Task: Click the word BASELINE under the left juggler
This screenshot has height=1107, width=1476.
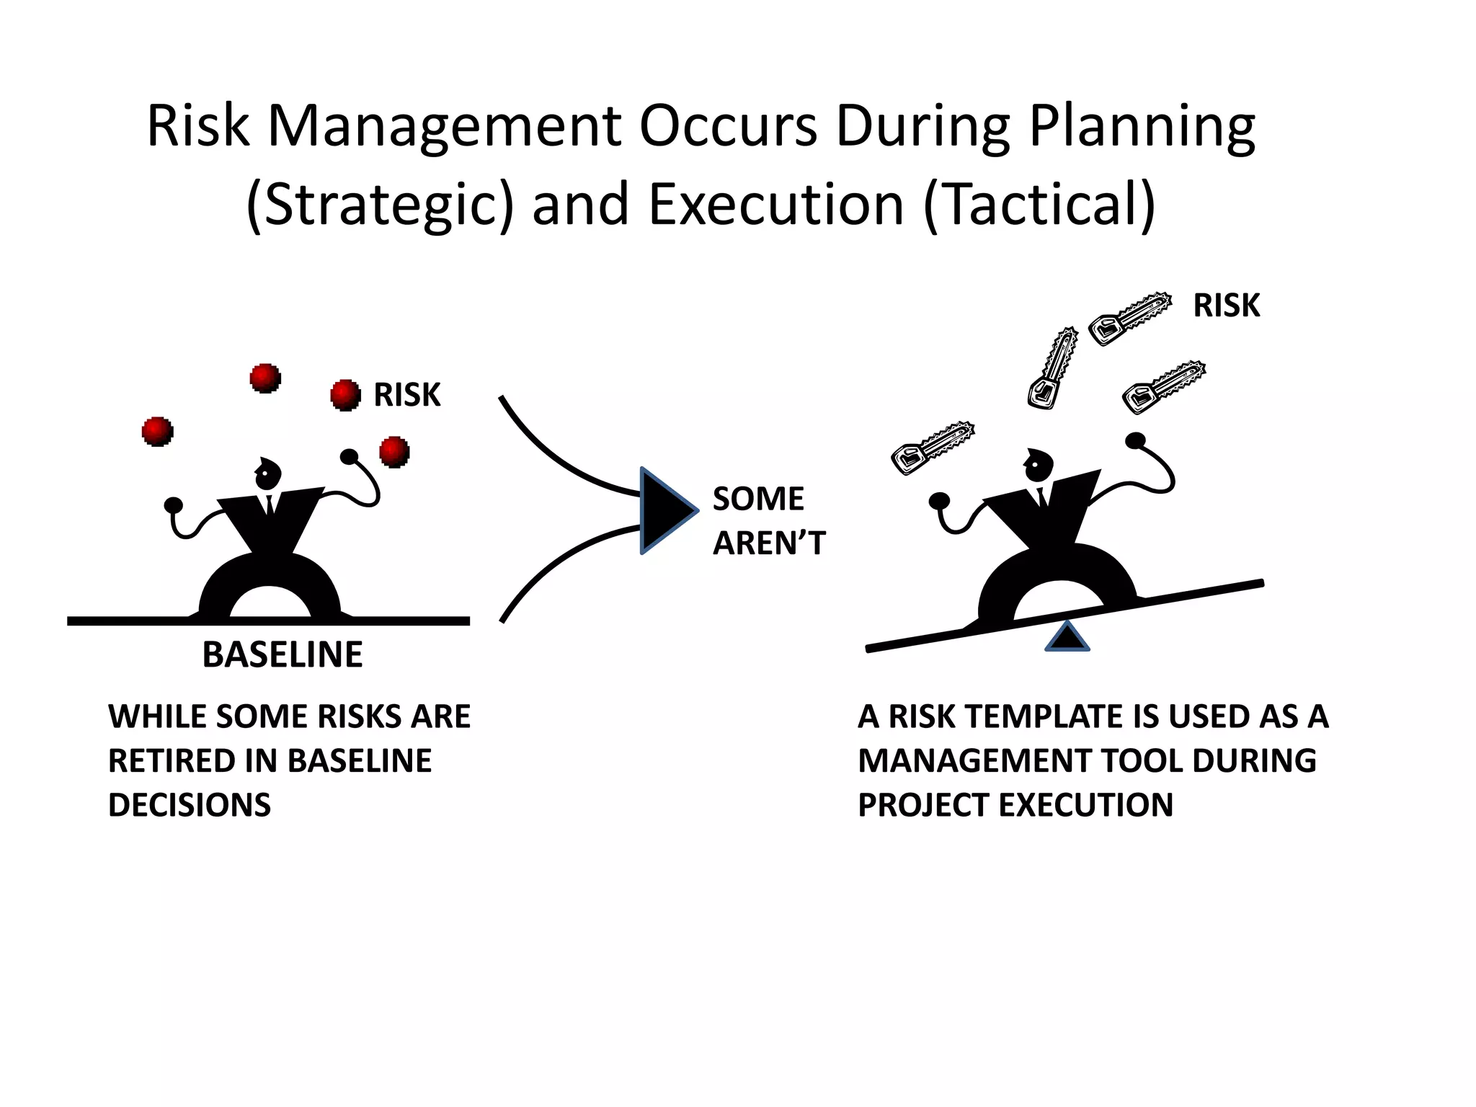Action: pyautogui.click(x=282, y=654)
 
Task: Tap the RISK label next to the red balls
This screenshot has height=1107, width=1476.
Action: pyautogui.click(x=406, y=395)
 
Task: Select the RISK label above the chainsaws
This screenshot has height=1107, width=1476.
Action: pyautogui.click(x=1226, y=306)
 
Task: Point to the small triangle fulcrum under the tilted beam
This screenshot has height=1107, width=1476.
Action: pyautogui.click(x=1067, y=639)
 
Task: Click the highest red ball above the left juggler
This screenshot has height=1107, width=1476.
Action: pyautogui.click(x=265, y=378)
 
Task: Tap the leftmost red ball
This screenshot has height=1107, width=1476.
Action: pyautogui.click(x=158, y=431)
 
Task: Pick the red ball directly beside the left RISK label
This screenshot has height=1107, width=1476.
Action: pyautogui.click(x=345, y=395)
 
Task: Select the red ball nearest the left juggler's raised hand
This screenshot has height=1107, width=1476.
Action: pyautogui.click(x=394, y=452)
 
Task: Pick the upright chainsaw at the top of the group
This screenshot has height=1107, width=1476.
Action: pyautogui.click(x=1052, y=368)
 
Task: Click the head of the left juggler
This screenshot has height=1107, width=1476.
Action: pyautogui.click(x=267, y=474)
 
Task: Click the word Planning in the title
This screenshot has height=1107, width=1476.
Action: pyautogui.click(x=1142, y=127)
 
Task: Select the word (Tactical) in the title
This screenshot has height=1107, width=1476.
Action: pyautogui.click(x=1039, y=205)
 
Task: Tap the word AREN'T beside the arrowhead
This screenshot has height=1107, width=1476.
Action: pyautogui.click(x=768, y=543)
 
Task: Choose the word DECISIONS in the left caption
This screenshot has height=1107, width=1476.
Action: pyautogui.click(x=190, y=805)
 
